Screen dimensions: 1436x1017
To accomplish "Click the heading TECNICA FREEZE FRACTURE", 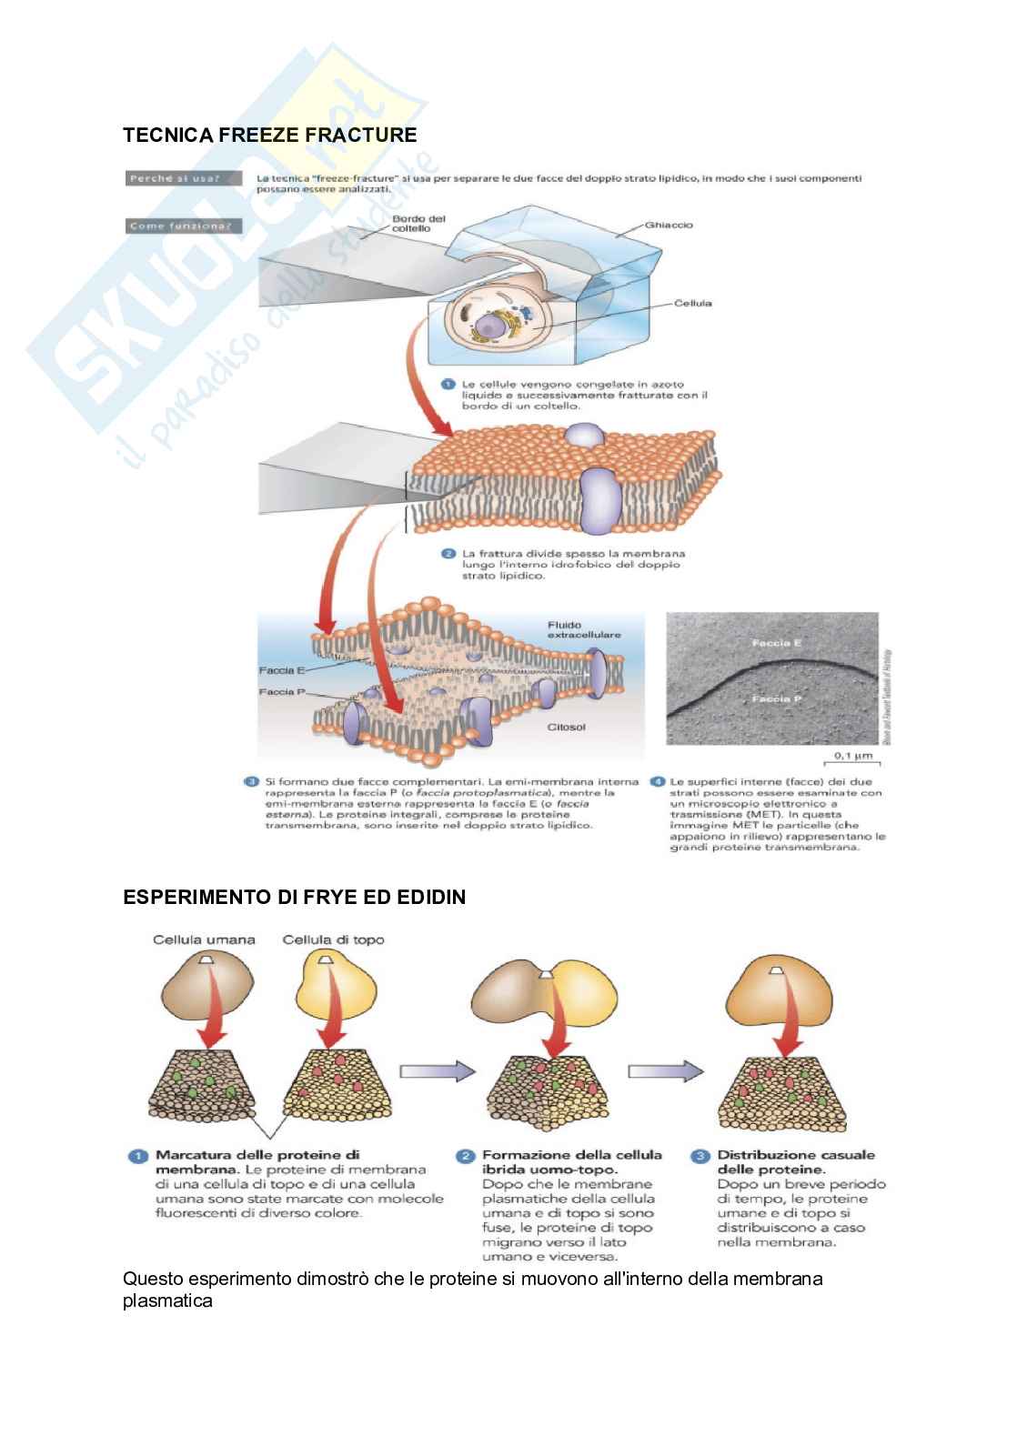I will pyautogui.click(x=269, y=136).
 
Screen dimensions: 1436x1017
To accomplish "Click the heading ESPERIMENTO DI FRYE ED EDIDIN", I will pyautogui.click(x=294, y=898).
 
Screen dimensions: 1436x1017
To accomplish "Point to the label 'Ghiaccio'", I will pyautogui.click(x=669, y=224).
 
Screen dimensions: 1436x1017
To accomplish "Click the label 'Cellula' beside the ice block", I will pyautogui.click(x=692, y=303).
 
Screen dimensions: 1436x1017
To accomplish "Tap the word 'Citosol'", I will pyautogui.click(x=566, y=727).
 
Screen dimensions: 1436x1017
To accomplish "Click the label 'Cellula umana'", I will pyautogui.click(x=204, y=939).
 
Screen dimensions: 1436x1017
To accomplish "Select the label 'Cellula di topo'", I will pyautogui.click(x=333, y=939).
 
